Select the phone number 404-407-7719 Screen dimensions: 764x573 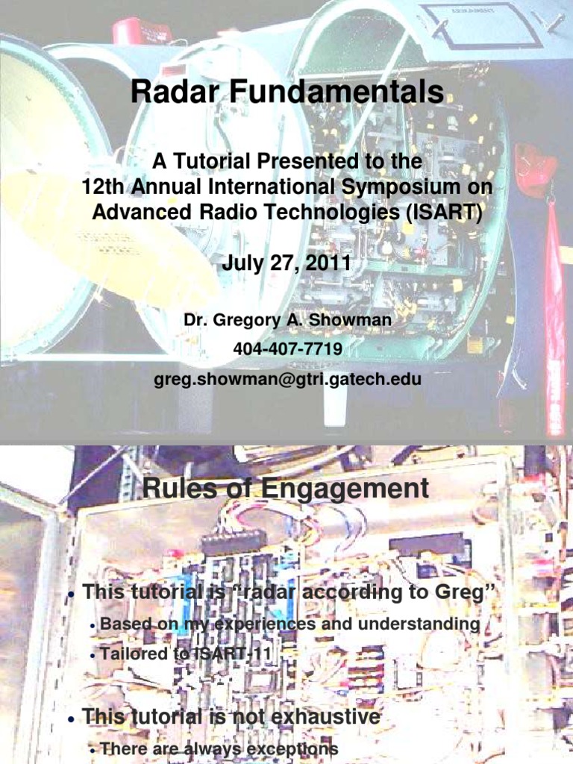[x=287, y=348]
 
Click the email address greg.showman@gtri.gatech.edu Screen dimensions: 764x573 [x=287, y=379]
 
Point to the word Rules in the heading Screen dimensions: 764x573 [x=178, y=489]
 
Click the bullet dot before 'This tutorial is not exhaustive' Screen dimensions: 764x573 [x=70, y=719]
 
